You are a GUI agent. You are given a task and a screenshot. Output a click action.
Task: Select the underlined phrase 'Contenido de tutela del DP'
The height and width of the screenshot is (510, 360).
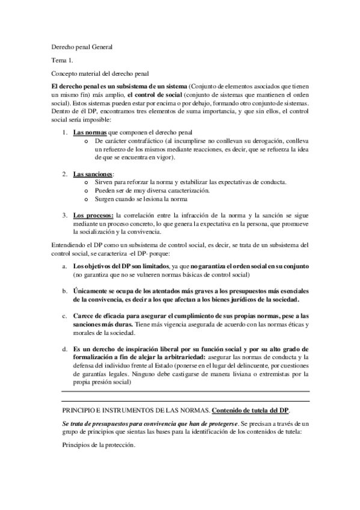point(251,410)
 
